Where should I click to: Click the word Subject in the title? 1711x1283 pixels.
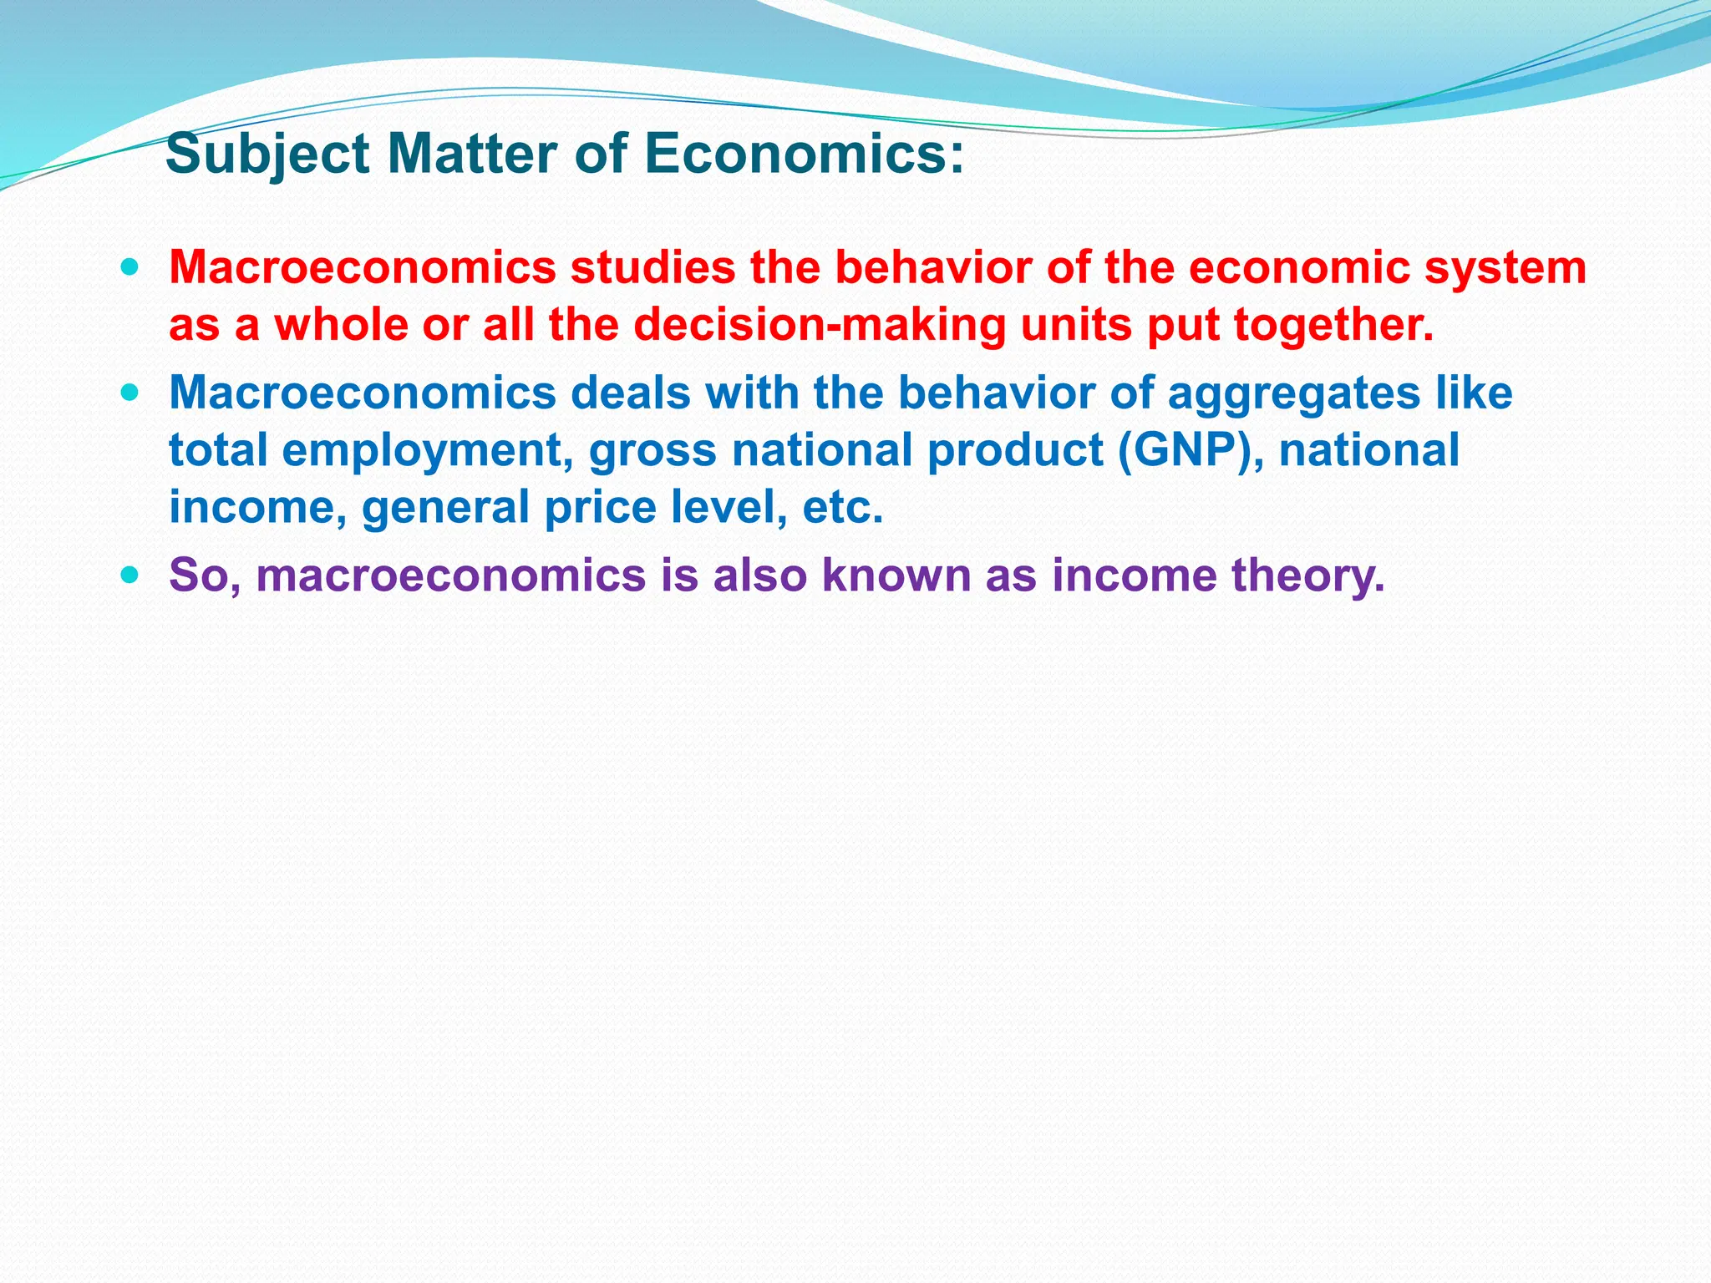[x=267, y=155]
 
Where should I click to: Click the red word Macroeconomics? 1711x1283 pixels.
[x=363, y=268]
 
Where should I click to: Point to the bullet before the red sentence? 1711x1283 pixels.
[x=130, y=269]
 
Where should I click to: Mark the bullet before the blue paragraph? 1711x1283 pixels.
[x=130, y=392]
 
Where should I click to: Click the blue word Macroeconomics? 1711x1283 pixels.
[x=363, y=393]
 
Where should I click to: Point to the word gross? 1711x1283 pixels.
[x=652, y=450]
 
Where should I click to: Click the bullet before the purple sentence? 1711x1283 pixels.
[x=130, y=575]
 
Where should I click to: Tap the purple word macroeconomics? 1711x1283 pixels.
[x=451, y=576]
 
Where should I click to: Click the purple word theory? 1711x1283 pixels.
[x=1307, y=576]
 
